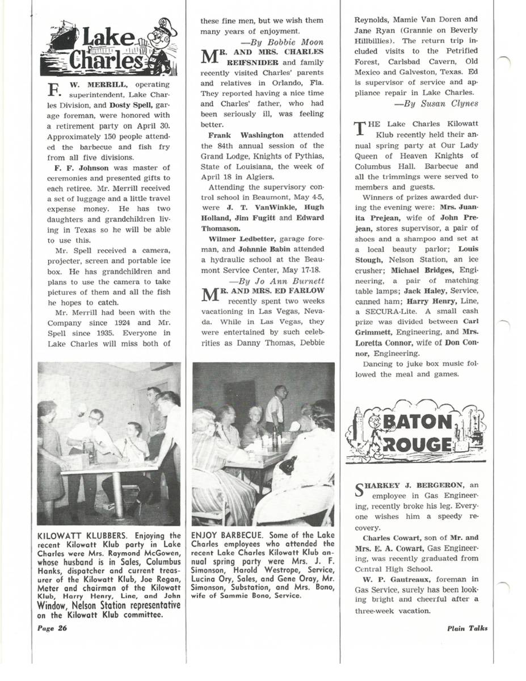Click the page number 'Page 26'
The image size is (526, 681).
pos(52,628)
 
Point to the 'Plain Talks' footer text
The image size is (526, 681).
pos(466,628)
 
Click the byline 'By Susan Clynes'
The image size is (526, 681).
pos(436,103)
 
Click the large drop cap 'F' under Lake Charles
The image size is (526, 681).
pos(54,91)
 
